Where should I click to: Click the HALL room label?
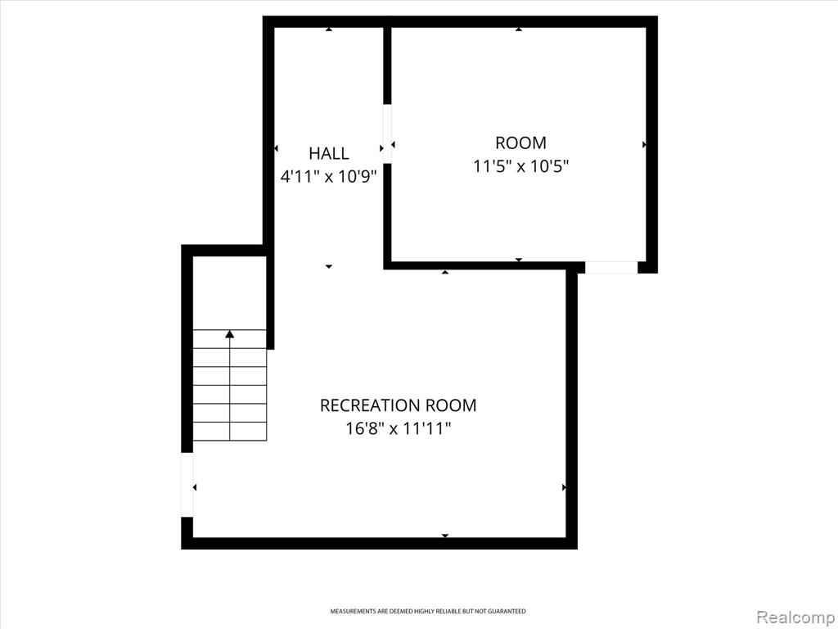tap(329, 153)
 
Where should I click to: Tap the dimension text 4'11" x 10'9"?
tap(329, 177)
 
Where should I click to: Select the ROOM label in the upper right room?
tap(520, 143)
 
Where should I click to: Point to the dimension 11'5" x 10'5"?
tap(520, 166)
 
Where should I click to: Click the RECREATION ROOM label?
tap(399, 405)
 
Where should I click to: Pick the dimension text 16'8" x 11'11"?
tap(399, 429)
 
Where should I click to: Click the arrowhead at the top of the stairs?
tap(230, 334)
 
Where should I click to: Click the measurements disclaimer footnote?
tap(427, 611)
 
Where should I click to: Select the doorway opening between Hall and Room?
tap(387, 133)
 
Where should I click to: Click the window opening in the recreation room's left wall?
tap(187, 485)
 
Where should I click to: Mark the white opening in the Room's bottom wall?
tap(611, 267)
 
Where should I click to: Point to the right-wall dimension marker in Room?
tap(644, 144)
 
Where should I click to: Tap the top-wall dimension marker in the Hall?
tap(329, 29)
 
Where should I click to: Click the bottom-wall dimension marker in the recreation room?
tap(444, 536)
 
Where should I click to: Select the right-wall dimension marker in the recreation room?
tap(564, 487)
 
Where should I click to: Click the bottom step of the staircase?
tap(230, 432)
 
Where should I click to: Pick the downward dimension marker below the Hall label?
tap(329, 266)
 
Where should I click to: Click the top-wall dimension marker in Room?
tap(518, 29)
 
